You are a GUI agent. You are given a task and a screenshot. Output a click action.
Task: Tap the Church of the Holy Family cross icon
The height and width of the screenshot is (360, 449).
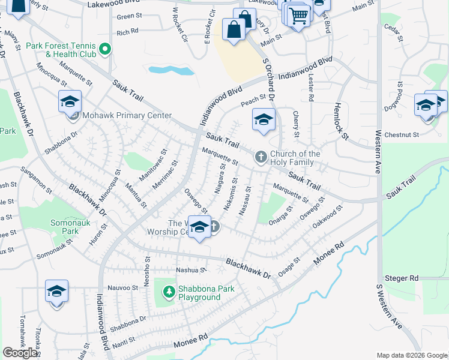[x=261, y=157]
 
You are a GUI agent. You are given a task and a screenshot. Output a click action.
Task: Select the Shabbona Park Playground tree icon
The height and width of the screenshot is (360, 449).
[x=169, y=292]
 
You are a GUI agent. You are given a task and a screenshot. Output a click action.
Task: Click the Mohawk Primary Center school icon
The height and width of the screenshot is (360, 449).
[x=70, y=103]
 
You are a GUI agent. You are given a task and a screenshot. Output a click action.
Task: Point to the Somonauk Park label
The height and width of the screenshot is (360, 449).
[x=62, y=227]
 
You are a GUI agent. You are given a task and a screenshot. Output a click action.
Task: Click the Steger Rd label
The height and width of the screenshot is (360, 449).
[x=405, y=278]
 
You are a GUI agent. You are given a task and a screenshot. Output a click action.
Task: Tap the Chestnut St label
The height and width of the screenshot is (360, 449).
[x=402, y=134]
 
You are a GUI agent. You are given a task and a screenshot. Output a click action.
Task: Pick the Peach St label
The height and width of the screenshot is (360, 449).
[x=253, y=101]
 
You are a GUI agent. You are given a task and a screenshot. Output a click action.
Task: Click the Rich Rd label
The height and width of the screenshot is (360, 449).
[x=128, y=32]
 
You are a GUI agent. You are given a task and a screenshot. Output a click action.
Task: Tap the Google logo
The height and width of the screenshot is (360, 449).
[x=20, y=352]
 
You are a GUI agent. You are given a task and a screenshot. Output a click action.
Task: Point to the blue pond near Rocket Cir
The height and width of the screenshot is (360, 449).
[x=171, y=70]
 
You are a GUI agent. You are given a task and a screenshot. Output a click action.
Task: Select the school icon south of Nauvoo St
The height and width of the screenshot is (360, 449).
[x=57, y=292]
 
